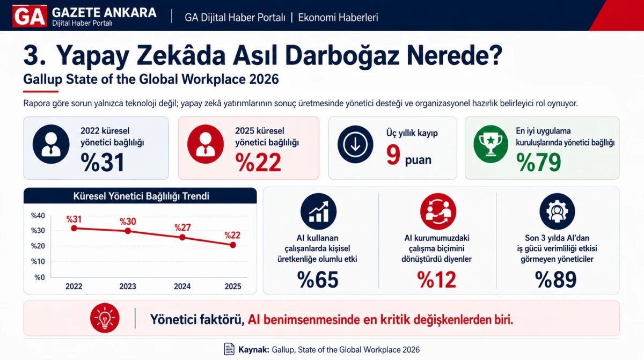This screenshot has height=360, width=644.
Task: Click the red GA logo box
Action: coord(30,16)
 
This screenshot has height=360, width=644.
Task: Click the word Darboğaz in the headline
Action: coord(342,56)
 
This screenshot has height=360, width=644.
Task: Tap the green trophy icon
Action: coord(491,144)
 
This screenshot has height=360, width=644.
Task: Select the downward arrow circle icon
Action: coord(355,144)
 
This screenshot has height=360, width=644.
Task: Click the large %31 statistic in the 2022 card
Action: coord(103,163)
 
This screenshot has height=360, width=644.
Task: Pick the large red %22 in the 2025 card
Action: coord(258,163)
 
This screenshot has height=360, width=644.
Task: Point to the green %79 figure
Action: coord(538,163)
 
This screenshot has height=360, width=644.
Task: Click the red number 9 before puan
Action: coord(393,155)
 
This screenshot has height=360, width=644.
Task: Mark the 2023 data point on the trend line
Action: coord(128,231)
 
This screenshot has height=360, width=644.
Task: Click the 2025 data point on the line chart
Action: coord(233,245)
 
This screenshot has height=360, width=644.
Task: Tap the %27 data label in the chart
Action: coord(182,228)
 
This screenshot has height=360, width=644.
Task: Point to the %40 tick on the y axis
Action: coord(38,216)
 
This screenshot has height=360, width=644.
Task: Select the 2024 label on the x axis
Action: coord(182,286)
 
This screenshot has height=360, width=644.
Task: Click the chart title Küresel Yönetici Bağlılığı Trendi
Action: coord(141,196)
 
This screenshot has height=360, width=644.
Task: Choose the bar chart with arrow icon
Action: coord(318,211)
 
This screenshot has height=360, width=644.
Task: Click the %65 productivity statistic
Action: coord(318,280)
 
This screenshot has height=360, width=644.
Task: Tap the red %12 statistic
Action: coord(436,280)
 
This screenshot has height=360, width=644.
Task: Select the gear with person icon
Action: coord(557,211)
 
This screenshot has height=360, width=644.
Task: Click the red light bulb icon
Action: coord(105,318)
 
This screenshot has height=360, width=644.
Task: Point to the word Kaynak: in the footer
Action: coord(253,350)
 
